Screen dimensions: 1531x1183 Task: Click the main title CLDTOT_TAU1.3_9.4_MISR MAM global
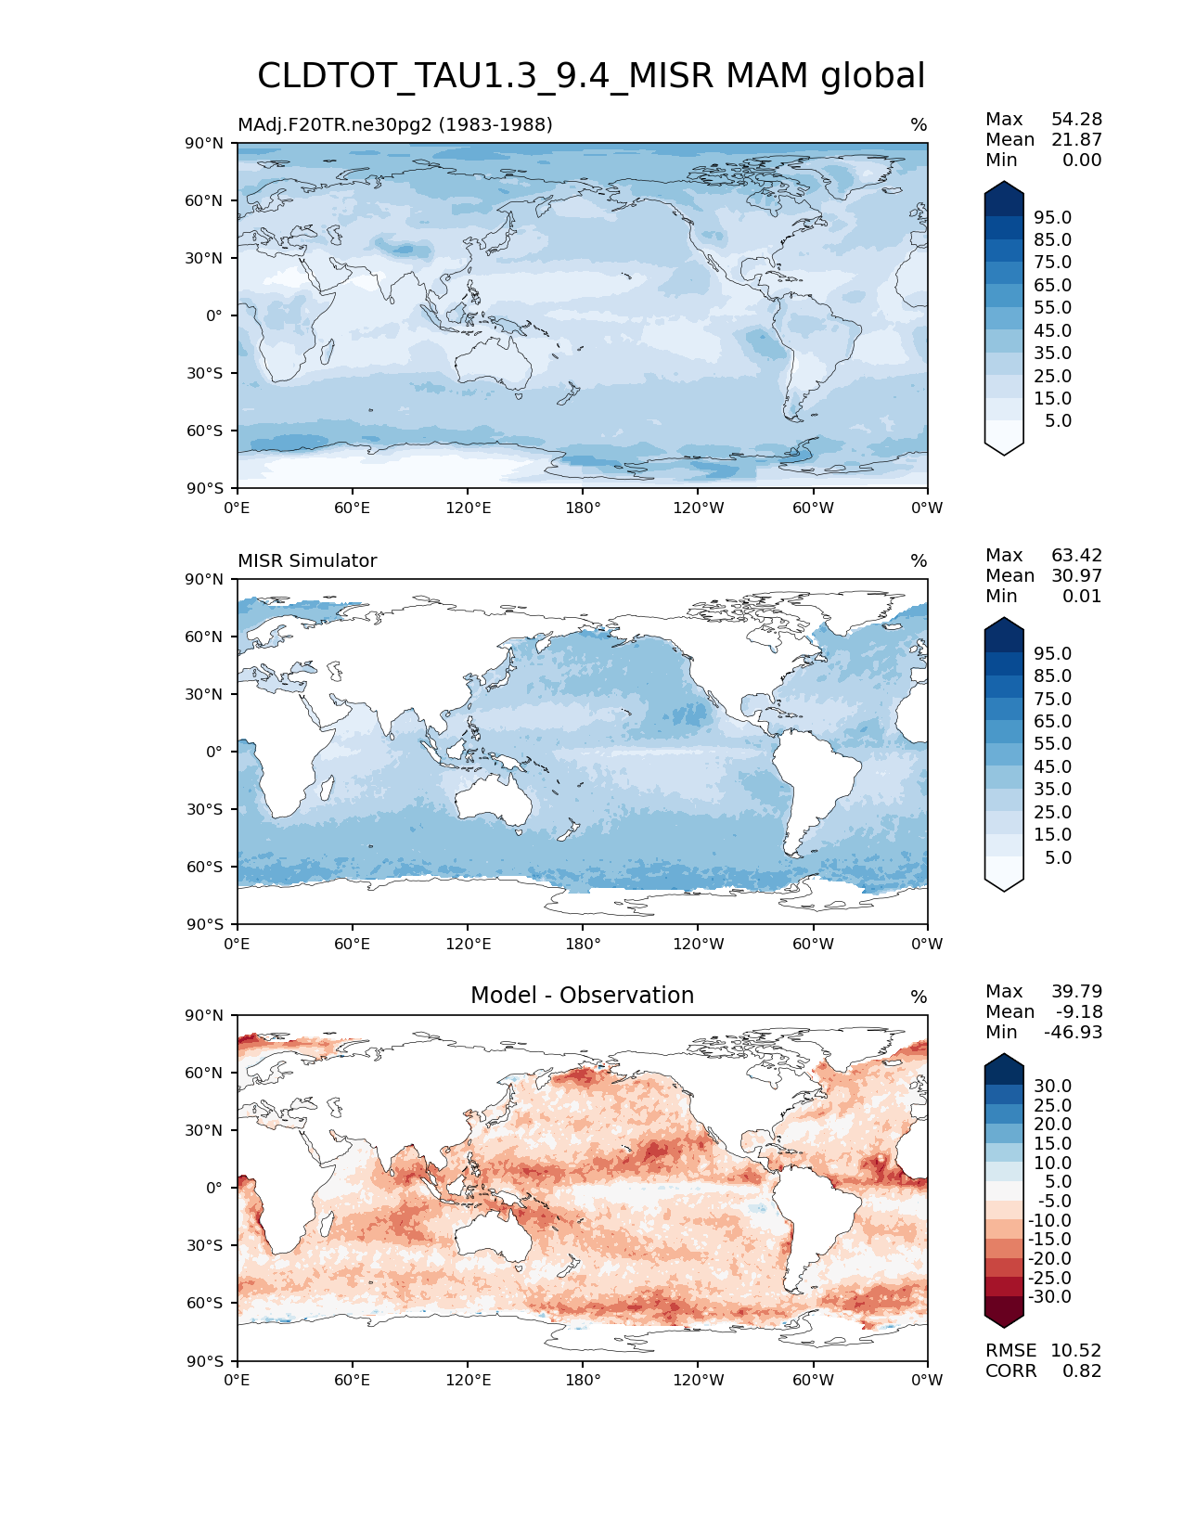591,76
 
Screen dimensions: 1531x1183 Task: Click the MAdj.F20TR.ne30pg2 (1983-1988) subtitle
394,125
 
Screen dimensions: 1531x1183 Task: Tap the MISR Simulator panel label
307,561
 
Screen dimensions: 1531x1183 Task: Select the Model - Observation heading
582,996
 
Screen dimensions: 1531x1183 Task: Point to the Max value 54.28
1076,120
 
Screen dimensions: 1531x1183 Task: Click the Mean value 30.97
1076,576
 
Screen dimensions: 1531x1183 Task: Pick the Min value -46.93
1074,1033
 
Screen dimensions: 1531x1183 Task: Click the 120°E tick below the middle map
468,945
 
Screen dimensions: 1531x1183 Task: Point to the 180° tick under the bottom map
583,1381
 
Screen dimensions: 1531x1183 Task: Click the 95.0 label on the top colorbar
1052,218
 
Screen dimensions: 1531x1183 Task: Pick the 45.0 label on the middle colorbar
1052,767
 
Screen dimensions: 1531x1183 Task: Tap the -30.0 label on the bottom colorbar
1049,1297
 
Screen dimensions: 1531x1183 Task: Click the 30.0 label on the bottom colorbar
1052,1087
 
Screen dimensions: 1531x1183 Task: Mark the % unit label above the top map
919,125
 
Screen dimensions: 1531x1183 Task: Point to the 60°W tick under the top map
813,508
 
